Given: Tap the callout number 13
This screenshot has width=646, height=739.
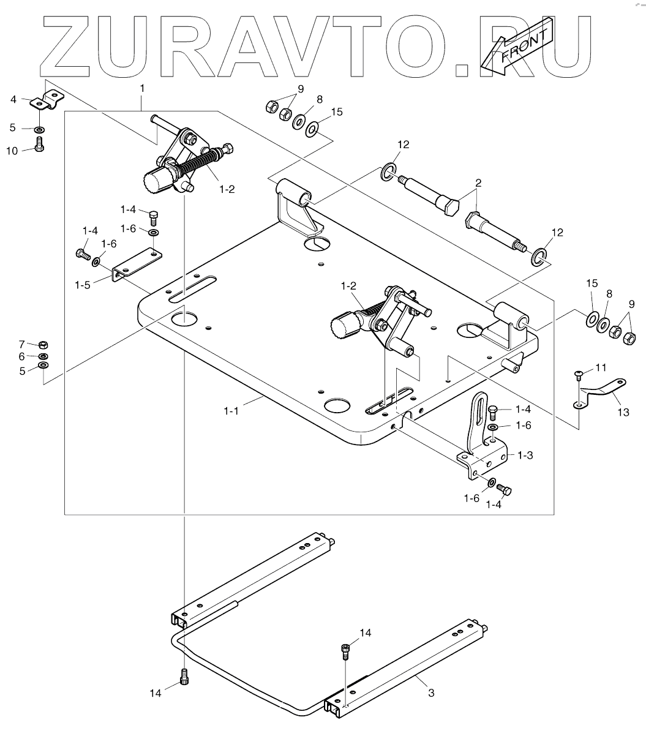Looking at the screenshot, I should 622,412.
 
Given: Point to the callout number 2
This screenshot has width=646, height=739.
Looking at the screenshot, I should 478,183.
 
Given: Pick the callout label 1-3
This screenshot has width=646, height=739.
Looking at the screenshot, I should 525,455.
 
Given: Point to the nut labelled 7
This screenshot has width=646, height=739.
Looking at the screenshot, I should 43,344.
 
